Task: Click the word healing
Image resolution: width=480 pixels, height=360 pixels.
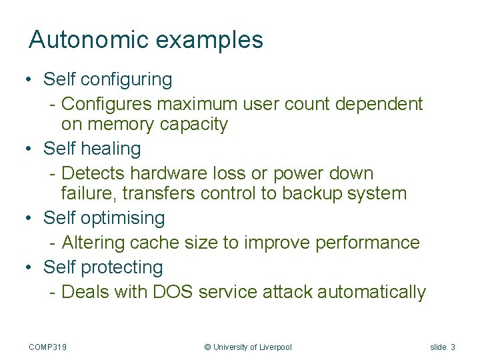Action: [x=111, y=149]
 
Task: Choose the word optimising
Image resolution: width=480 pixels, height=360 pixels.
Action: [x=122, y=219]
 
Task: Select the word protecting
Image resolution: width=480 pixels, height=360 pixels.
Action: [x=121, y=268]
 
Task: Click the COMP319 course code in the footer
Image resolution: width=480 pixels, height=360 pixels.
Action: [x=48, y=347]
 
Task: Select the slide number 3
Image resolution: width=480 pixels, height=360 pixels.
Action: [x=453, y=347]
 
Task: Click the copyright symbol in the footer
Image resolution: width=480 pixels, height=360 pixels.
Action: [x=207, y=347]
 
